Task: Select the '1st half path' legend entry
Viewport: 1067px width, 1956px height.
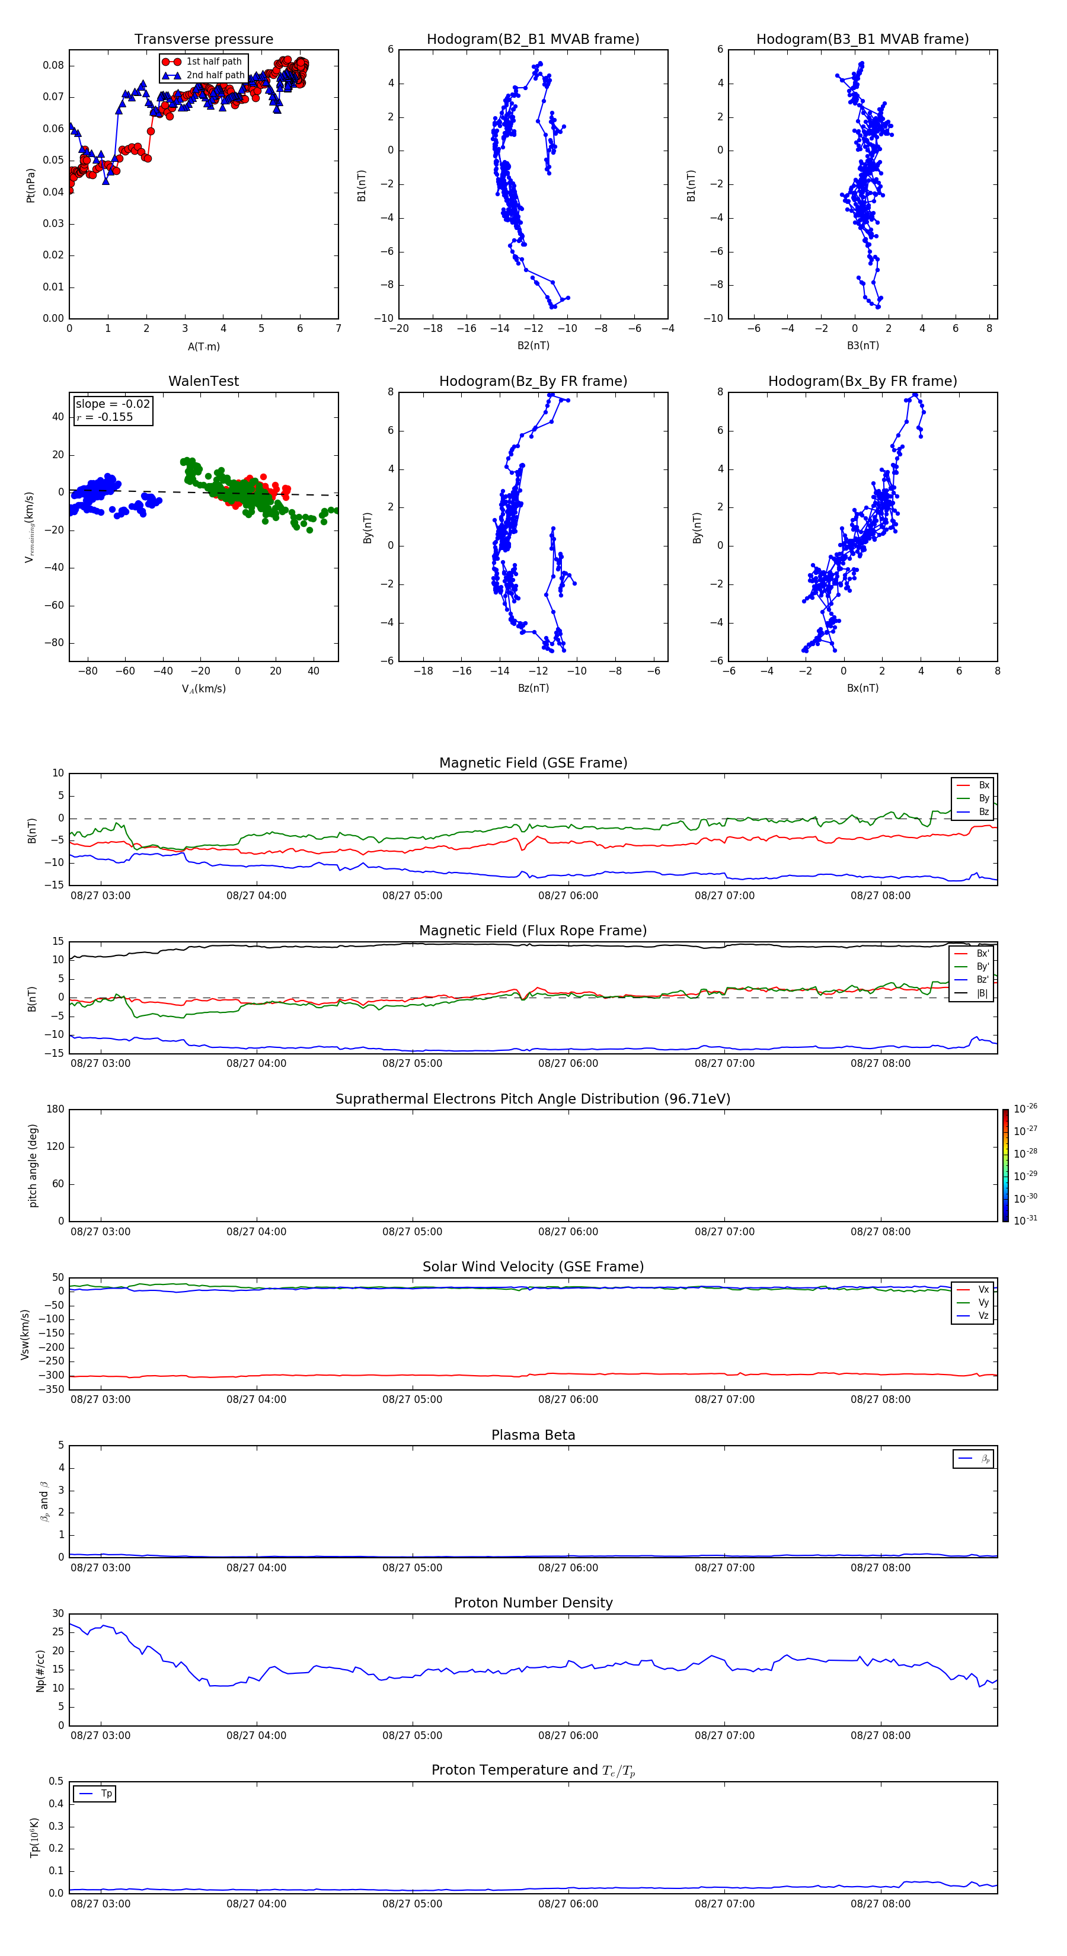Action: (213, 62)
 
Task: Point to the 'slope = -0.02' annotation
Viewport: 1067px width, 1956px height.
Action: (113, 404)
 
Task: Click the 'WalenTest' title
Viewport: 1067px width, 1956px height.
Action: (203, 381)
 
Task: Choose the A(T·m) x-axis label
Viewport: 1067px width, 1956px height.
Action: (203, 347)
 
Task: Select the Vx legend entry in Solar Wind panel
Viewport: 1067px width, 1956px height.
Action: (983, 1289)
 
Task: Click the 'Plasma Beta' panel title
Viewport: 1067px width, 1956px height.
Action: (533, 1435)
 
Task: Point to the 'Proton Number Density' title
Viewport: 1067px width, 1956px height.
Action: (533, 1603)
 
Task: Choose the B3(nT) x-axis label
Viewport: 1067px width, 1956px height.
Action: (862, 346)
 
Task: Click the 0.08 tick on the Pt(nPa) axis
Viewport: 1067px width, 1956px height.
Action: (53, 65)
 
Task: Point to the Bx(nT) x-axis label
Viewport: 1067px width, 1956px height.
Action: (862, 688)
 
